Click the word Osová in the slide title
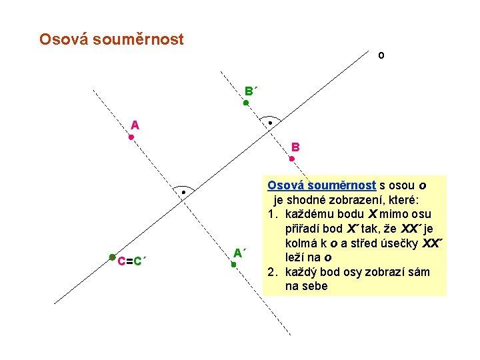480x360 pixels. (x=64, y=39)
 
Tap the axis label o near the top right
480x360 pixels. (x=381, y=55)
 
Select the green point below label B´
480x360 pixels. (x=245, y=103)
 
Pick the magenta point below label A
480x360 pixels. (x=131, y=137)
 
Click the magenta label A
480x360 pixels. (x=135, y=125)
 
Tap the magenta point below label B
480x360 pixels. (x=292, y=159)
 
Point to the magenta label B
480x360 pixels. (x=295, y=147)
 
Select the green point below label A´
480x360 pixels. (x=234, y=265)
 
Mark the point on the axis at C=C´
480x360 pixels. (x=113, y=257)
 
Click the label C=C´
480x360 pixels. (x=132, y=261)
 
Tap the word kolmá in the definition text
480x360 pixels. (x=300, y=243)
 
